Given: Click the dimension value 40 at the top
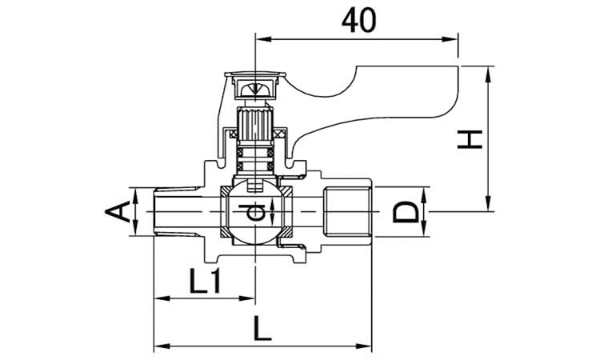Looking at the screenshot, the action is pyautogui.click(x=358, y=20).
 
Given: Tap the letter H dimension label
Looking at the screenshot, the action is pyautogui.click(x=470, y=139).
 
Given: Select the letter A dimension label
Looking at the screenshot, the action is pyautogui.click(x=116, y=213).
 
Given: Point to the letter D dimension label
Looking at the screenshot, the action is pyautogui.click(x=406, y=212).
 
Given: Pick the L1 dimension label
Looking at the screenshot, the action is pyautogui.click(x=206, y=281).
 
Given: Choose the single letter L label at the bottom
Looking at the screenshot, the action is pyautogui.click(x=262, y=328).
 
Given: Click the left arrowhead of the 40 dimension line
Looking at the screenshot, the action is pyautogui.click(x=263, y=39).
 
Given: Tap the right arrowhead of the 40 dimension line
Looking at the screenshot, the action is pyautogui.click(x=450, y=39).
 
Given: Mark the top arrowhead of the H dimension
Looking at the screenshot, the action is pyautogui.click(x=488, y=74).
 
